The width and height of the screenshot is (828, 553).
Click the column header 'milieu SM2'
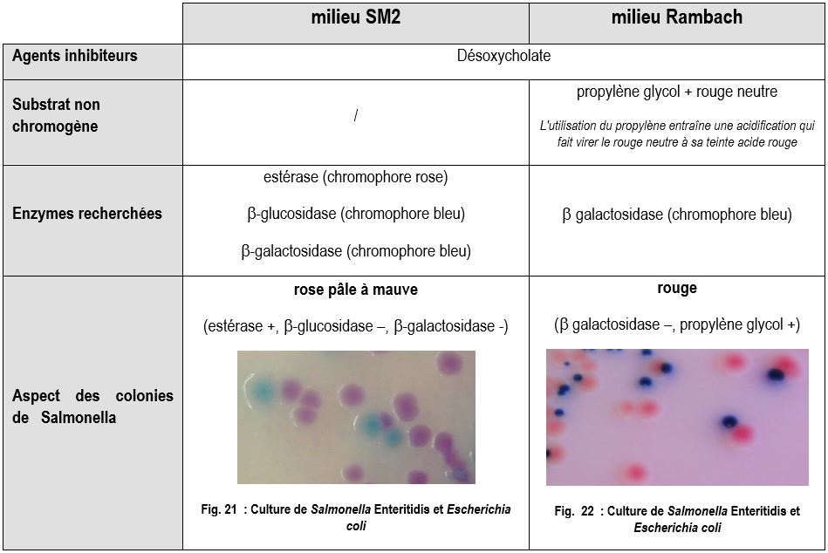[x=355, y=17]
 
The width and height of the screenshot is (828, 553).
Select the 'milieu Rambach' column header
[x=677, y=17]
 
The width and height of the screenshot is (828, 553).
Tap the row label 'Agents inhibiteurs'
[x=75, y=56]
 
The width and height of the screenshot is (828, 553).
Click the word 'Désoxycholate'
[x=504, y=56]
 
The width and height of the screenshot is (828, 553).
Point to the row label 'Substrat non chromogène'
[x=57, y=115]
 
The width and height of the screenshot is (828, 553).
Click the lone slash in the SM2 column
[x=355, y=116]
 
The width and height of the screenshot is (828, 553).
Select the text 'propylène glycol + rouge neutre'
[x=677, y=92]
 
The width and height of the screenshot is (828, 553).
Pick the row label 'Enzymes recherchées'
[x=87, y=214]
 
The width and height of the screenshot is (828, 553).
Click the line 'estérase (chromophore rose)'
[x=355, y=177]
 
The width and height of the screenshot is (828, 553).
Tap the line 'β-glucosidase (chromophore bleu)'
[x=355, y=214]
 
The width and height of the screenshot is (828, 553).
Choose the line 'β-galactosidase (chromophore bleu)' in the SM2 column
[x=355, y=251]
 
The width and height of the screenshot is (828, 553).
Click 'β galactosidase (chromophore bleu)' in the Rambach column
[x=677, y=215]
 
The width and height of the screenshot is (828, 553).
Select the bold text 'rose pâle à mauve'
[x=355, y=290]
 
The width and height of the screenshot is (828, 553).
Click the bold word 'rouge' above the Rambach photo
[x=677, y=288]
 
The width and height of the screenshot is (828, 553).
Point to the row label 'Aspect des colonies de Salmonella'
[x=92, y=406]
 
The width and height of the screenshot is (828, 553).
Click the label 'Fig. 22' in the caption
[x=577, y=511]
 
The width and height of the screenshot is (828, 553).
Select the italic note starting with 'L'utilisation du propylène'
[x=677, y=133]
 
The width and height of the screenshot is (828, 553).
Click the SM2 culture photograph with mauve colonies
[x=356, y=417]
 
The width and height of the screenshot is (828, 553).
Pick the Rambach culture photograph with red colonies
[x=677, y=417]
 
